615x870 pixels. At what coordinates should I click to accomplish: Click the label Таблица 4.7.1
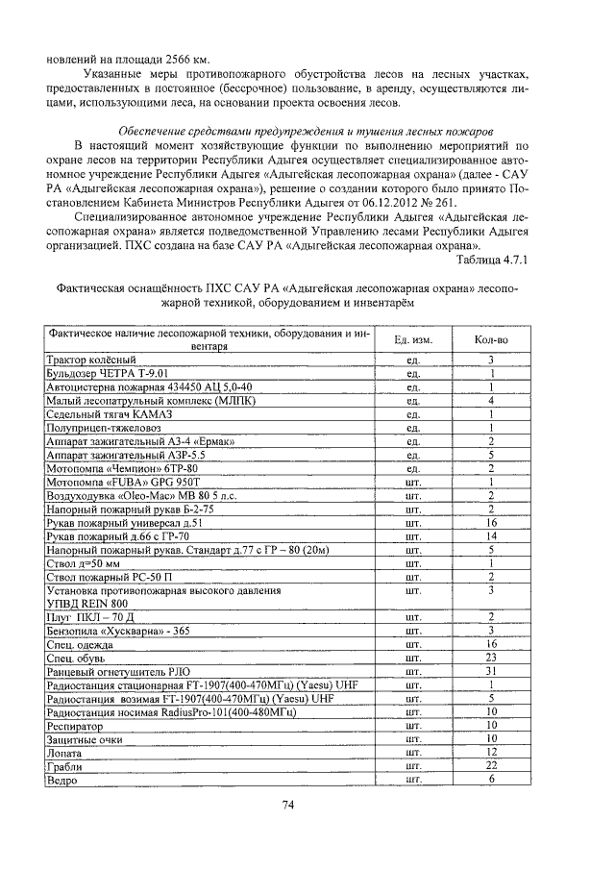click(492, 259)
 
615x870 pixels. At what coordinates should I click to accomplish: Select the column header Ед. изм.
click(414, 340)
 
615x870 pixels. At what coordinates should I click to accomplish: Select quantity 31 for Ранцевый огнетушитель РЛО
click(491, 670)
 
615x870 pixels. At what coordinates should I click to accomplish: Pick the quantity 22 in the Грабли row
click(491, 765)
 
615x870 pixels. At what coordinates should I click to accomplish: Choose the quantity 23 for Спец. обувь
click(491, 657)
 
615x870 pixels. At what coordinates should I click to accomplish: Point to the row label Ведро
click(61, 780)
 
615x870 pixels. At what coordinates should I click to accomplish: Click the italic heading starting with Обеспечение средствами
click(306, 130)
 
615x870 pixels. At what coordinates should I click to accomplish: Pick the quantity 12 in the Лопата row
click(491, 751)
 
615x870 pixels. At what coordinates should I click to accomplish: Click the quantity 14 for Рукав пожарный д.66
click(491, 535)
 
